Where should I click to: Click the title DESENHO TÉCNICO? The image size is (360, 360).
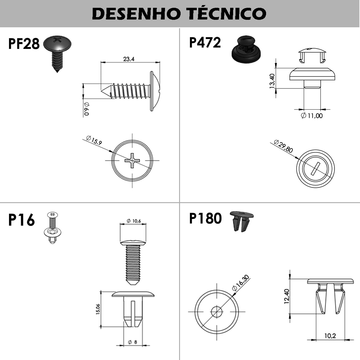pyautogui.click(x=179, y=13)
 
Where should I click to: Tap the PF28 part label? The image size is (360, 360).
pyautogui.click(x=24, y=44)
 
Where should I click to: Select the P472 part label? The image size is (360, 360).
pyautogui.click(x=205, y=42)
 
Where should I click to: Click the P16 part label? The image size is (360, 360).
pyautogui.click(x=22, y=220)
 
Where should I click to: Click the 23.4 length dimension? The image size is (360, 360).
pyautogui.click(x=129, y=59)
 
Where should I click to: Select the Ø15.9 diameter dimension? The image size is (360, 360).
pyautogui.click(x=94, y=140)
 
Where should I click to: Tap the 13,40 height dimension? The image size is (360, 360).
pyautogui.click(x=272, y=81)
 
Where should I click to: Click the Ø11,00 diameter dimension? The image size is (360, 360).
pyautogui.click(x=312, y=115)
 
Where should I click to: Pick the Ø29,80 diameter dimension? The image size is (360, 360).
pyautogui.click(x=283, y=146)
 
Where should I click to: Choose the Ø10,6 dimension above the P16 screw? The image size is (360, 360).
pyautogui.click(x=133, y=221)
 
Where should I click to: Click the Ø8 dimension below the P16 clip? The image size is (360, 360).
pyautogui.click(x=133, y=342)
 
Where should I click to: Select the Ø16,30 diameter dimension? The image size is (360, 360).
pyautogui.click(x=241, y=283)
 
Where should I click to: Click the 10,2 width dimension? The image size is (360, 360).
pyautogui.click(x=330, y=336)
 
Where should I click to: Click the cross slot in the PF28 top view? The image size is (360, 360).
pyautogui.click(x=132, y=160)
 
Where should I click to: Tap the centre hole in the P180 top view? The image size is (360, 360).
pyautogui.click(x=217, y=312)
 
